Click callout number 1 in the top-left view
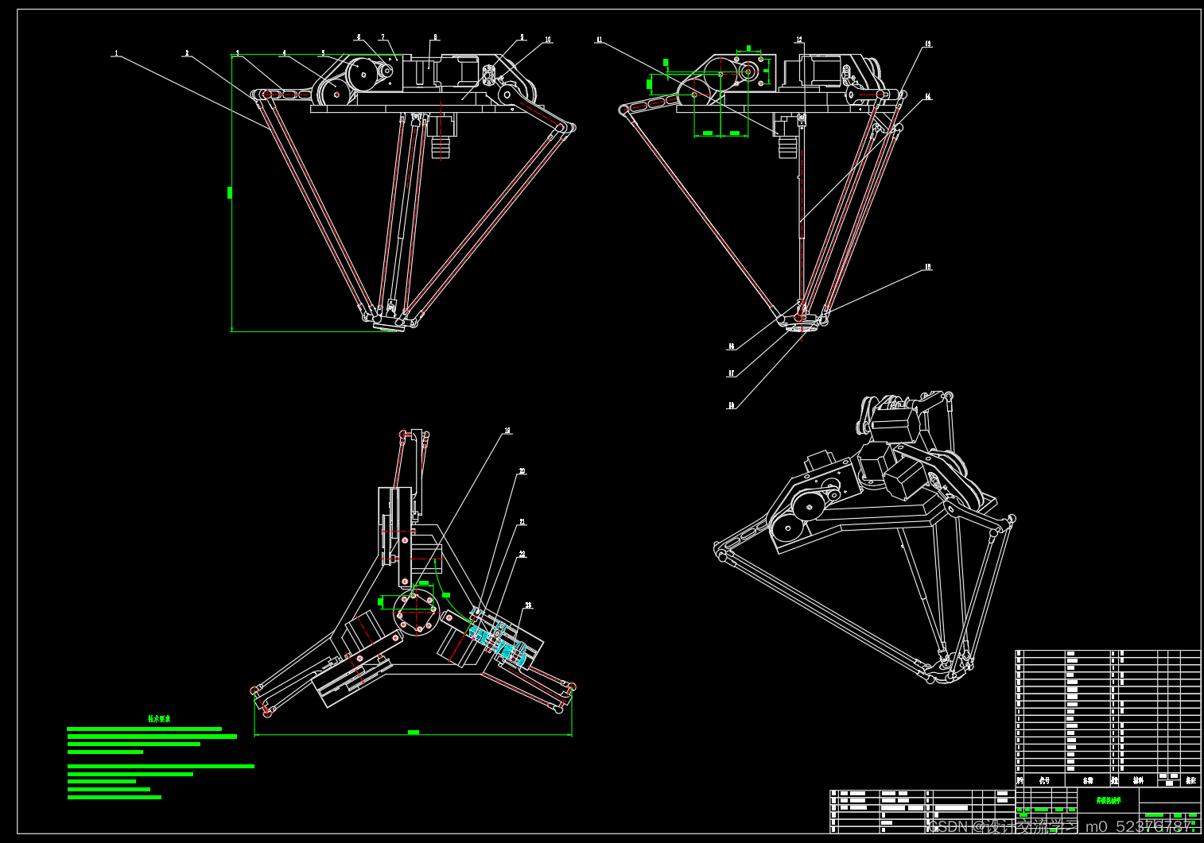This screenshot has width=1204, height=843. tap(116, 53)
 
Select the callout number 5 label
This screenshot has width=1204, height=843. tap(323, 53)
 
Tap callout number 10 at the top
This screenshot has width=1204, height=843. tap(548, 39)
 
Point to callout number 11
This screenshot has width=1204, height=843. tap(599, 39)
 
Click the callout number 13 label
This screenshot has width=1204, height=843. tap(928, 44)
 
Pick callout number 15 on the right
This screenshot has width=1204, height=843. tap(928, 267)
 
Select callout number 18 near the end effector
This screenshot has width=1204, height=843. tap(731, 405)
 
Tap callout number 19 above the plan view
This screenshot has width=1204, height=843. tap(507, 431)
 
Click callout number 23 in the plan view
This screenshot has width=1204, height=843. tap(528, 605)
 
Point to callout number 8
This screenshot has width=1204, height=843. tap(435, 37)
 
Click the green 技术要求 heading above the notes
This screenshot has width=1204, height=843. tap(159, 718)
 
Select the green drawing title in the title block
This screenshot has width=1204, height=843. tap(1109, 800)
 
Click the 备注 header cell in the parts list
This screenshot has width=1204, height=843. tap(1190, 780)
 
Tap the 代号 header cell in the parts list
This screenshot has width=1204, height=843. tap(1044, 780)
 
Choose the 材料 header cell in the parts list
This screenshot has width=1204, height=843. tap(1138, 780)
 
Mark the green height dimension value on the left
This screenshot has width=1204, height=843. tap(230, 192)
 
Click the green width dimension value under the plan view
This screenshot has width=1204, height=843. tap(413, 732)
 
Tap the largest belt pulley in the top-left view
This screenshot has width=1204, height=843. tap(362, 75)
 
